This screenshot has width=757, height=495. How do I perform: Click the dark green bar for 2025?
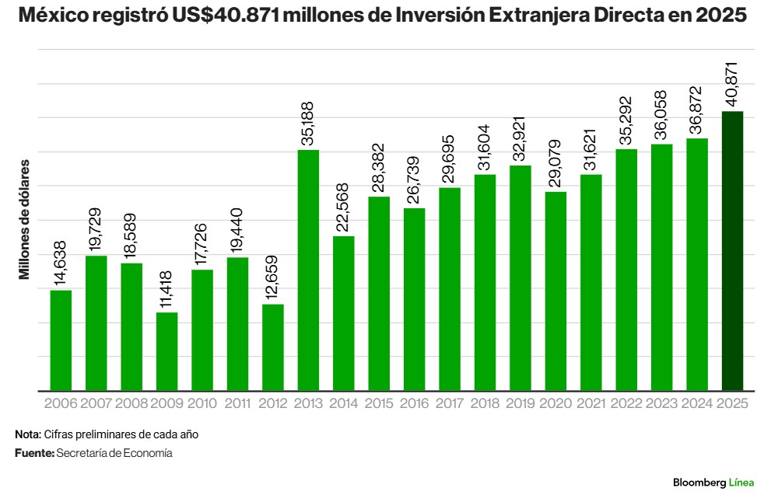(732, 250)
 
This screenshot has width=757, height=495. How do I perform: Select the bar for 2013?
(308, 270)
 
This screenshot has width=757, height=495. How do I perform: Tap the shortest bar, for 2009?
(166, 351)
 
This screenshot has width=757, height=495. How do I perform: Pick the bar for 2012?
(273, 347)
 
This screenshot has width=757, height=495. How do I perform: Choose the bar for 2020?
(555, 291)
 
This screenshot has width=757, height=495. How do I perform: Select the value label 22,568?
(344, 207)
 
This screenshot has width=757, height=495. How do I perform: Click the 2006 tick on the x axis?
(61, 403)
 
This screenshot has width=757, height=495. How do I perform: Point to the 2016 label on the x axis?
(414, 403)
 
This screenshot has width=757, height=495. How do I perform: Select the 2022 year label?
(626, 403)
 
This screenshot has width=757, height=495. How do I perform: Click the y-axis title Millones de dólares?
(25, 220)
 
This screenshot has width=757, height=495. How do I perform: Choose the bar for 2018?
(485, 282)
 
